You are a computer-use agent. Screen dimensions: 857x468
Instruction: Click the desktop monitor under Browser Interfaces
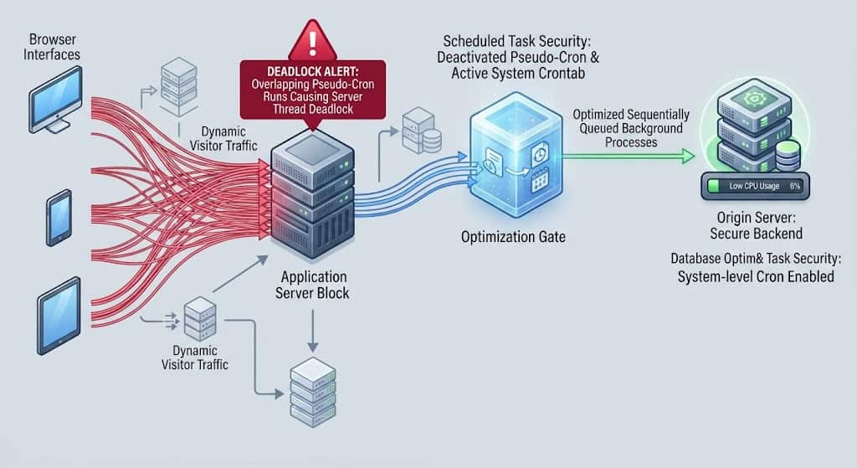click(55, 100)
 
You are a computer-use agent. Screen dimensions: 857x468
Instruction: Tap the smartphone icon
click(59, 218)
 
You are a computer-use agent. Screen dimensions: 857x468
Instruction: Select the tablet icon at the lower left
click(59, 316)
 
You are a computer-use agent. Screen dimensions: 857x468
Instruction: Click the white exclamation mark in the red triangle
click(313, 43)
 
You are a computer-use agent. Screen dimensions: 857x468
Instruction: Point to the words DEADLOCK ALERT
click(313, 72)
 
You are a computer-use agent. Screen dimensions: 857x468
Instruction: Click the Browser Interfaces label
click(52, 47)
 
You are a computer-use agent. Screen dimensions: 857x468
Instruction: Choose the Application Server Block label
click(313, 285)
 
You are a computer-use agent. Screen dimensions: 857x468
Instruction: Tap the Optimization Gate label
click(513, 237)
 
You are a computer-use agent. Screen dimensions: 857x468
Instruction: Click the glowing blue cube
click(516, 154)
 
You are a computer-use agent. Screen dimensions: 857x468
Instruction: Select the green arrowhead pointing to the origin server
click(687, 157)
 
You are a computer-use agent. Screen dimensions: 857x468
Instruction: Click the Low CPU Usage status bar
click(756, 186)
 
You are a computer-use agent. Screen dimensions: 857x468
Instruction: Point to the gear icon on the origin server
click(754, 100)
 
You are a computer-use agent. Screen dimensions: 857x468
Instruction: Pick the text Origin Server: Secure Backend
click(757, 225)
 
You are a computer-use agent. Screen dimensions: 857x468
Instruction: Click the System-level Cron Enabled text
click(756, 276)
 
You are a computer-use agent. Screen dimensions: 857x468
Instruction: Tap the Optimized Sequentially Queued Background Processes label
click(631, 128)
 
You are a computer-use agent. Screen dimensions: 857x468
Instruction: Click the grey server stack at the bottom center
click(313, 392)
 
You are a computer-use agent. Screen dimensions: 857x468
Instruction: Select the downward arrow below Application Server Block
click(313, 331)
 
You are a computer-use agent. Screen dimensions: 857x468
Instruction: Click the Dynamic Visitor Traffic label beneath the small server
click(195, 357)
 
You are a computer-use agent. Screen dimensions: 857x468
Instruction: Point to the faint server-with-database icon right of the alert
click(422, 131)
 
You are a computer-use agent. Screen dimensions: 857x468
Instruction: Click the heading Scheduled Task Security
click(516, 41)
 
